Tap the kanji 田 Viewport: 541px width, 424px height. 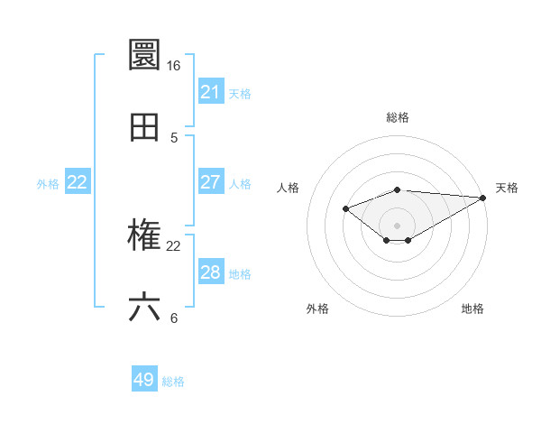click(x=145, y=127)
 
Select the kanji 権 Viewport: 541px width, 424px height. click(x=145, y=235)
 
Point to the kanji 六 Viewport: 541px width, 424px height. click(x=145, y=308)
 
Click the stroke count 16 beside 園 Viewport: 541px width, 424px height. click(x=173, y=66)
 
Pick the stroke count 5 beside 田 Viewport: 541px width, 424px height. click(x=174, y=138)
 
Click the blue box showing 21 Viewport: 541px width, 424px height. click(x=211, y=92)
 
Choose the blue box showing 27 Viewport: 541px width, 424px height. click(x=211, y=182)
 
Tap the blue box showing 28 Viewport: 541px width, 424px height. click(x=211, y=272)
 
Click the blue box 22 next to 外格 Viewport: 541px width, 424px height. click(x=78, y=182)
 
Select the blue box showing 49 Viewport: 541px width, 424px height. click(x=144, y=381)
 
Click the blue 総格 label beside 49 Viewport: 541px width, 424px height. click(x=173, y=382)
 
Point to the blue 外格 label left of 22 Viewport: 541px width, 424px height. click(x=48, y=183)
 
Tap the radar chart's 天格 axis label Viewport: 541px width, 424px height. click(x=507, y=188)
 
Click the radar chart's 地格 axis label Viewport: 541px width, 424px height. click(x=472, y=309)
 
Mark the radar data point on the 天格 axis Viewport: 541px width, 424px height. click(x=484, y=197)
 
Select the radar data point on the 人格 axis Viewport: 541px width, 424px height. click(x=345, y=209)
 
